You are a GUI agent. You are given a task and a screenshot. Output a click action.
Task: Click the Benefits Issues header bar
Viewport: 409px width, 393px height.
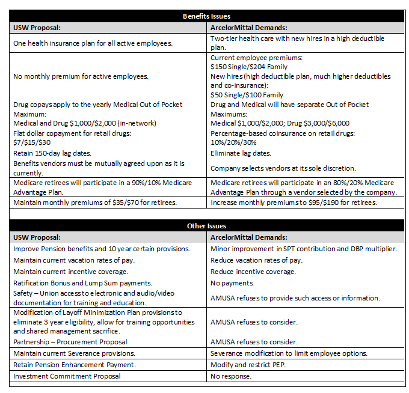(x=206, y=16)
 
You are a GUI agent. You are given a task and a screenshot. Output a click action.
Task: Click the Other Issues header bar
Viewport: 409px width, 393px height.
(x=206, y=226)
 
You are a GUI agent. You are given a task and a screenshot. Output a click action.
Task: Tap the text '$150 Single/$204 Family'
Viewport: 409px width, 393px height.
(x=247, y=67)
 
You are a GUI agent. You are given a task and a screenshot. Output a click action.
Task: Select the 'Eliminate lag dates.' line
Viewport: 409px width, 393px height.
(x=241, y=153)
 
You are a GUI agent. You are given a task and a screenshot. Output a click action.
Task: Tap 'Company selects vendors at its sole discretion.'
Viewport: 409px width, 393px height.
(x=292, y=168)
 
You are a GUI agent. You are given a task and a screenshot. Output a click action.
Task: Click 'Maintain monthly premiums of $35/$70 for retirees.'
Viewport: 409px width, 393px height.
(x=95, y=203)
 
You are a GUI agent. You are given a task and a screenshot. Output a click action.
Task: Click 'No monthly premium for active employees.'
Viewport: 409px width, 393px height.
(x=81, y=76)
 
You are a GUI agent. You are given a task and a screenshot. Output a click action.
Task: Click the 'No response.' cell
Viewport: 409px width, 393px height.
(x=231, y=376)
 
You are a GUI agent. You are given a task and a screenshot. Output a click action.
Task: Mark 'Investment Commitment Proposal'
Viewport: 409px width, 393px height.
(x=67, y=376)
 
